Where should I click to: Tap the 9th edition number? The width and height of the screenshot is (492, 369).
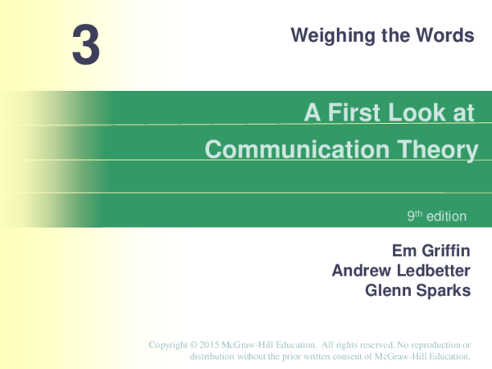pos(415,216)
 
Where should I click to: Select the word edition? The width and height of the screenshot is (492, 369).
pos(446,216)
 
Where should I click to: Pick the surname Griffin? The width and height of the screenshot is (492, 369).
pos(446,252)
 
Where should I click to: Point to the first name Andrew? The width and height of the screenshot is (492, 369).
pos(359,271)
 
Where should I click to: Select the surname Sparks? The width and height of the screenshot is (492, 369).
pos(444,289)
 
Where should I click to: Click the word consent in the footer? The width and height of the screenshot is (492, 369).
pos(345,357)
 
